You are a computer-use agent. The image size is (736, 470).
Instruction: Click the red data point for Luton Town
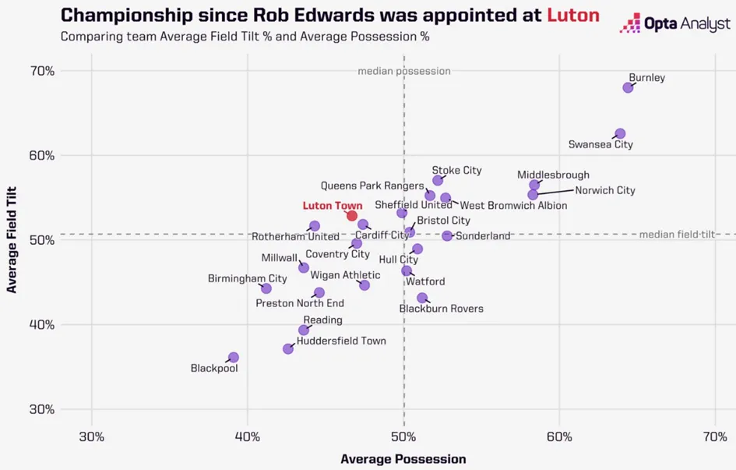tap(352, 216)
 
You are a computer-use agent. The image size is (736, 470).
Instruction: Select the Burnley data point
tap(628, 87)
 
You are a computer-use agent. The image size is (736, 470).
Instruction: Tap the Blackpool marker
tap(233, 358)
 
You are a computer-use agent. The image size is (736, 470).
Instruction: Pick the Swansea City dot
tap(620, 134)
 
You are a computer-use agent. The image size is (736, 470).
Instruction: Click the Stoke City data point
tap(438, 181)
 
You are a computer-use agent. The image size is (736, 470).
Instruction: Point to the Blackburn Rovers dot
tap(422, 298)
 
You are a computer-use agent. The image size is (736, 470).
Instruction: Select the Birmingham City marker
tap(266, 288)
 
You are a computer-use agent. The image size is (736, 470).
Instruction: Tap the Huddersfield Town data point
tap(288, 348)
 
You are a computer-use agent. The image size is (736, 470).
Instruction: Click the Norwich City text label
tap(605, 190)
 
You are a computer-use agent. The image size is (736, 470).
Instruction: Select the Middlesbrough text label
tap(553, 175)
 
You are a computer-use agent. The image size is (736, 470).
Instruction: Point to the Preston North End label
tap(300, 303)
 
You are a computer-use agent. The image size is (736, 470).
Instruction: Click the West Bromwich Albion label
tap(514, 206)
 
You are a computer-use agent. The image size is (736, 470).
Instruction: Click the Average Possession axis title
tap(403, 459)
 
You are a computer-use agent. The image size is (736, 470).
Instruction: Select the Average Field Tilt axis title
tap(12, 239)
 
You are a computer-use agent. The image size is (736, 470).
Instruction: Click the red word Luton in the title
tap(573, 15)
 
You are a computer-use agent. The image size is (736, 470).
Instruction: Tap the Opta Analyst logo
tap(674, 25)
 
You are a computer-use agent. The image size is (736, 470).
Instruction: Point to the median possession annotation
tap(403, 71)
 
